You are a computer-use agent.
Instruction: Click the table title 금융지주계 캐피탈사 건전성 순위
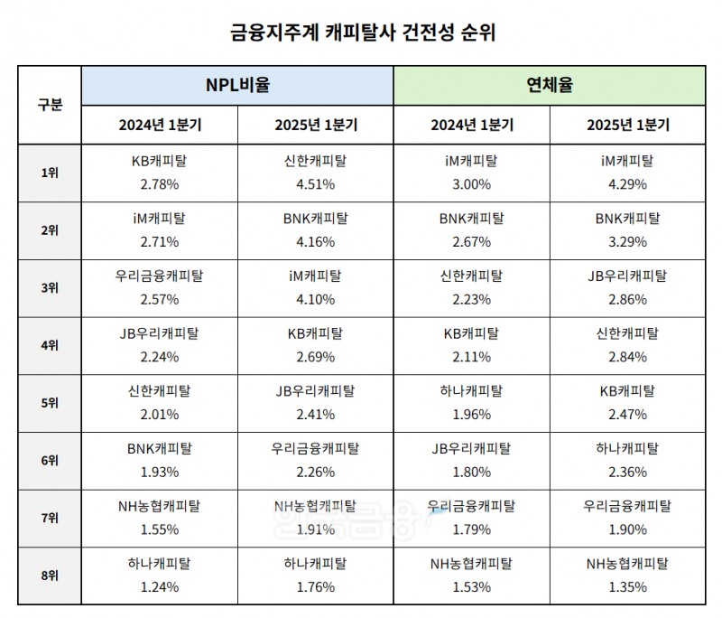[x=361, y=33]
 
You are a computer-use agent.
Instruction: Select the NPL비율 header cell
[x=238, y=86]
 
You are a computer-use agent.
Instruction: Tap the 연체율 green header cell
[x=550, y=86]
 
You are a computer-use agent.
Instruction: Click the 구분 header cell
[x=50, y=104]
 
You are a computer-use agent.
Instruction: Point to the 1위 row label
[x=50, y=173]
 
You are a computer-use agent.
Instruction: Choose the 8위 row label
[x=50, y=576]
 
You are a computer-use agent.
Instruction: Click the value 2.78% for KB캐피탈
[x=161, y=183]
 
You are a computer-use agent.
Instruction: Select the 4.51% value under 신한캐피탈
[x=316, y=183]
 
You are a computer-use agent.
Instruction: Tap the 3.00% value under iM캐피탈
[x=471, y=183]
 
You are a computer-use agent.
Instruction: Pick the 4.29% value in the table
[x=627, y=183]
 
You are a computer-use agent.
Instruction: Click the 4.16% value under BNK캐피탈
[x=316, y=241]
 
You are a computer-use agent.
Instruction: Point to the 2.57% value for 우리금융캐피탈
[x=161, y=299]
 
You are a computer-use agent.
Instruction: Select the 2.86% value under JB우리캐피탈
[x=627, y=299]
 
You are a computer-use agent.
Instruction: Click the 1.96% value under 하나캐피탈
[x=471, y=415]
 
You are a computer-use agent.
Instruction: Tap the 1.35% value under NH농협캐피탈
[x=627, y=586]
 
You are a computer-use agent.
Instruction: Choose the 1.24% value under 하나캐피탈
[x=161, y=586]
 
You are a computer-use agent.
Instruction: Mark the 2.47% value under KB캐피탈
[x=627, y=415]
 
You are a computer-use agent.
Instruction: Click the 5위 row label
[x=50, y=403]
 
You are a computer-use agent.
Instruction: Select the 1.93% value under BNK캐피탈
[x=161, y=473]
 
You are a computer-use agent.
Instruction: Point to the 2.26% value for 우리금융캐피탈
[x=316, y=473]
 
